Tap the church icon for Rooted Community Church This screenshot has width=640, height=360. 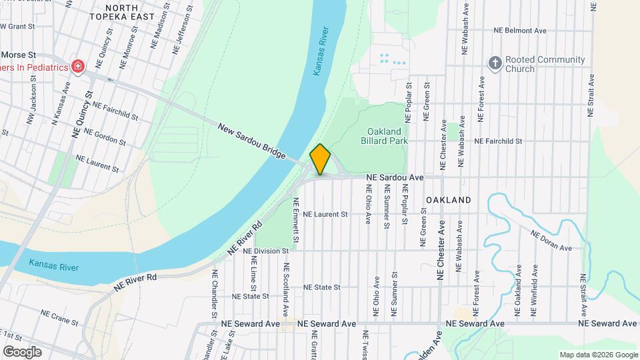[495, 64]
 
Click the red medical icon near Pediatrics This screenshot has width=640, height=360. [78, 67]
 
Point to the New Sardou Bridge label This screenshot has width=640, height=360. [251, 141]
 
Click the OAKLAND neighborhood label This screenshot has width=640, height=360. [448, 200]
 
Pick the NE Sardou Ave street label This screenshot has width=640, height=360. [395, 178]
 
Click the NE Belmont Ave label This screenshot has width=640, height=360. [520, 31]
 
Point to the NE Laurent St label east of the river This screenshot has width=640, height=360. [325, 215]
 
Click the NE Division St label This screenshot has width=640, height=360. [265, 251]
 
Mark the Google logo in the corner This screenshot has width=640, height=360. [23, 352]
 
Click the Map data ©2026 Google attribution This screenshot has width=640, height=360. [598, 355]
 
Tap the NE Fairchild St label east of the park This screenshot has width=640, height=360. [498, 141]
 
